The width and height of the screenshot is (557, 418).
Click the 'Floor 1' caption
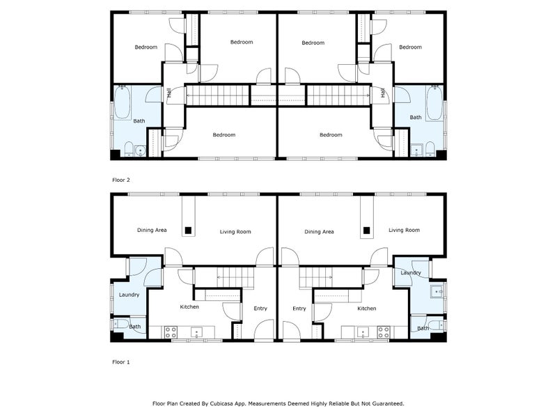click(121, 362)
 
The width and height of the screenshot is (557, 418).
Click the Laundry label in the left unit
click(129, 295)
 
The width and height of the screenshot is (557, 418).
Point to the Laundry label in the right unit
click(411, 272)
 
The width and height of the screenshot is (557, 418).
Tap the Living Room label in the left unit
click(235, 231)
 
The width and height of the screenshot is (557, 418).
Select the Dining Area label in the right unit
click(319, 231)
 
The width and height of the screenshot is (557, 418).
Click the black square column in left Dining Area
click(187, 229)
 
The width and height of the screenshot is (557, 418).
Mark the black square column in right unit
click(366, 229)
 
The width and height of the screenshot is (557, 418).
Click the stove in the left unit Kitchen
click(168, 331)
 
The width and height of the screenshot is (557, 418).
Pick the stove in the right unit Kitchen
click(382, 331)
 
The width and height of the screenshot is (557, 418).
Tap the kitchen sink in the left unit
click(197, 331)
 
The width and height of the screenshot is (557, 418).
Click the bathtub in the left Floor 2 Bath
click(123, 102)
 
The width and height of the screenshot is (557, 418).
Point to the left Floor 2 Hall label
click(169, 93)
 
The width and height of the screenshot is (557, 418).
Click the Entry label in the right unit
click(299, 309)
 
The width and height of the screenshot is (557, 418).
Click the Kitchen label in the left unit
click(189, 307)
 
